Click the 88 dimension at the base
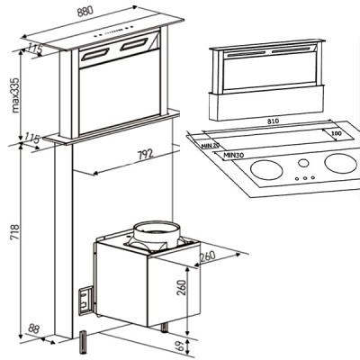(35, 328)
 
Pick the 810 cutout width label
(279, 119)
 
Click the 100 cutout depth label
(335, 133)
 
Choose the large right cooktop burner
(339, 164)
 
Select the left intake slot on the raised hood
(96, 51)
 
